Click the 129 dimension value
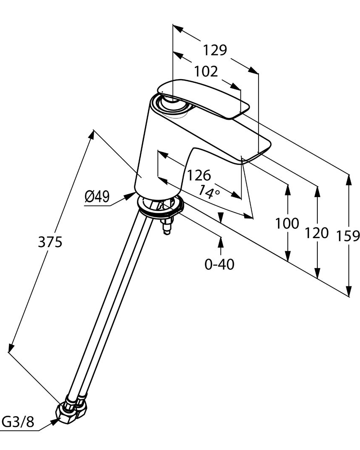[x=215, y=50]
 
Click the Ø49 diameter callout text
[x=97, y=196]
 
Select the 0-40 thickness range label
[x=219, y=265]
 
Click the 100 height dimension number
[x=287, y=223]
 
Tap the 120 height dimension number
[x=316, y=233]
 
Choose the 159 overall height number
[x=348, y=235]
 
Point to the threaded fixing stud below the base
[x=167, y=226]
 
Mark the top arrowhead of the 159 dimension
[x=349, y=179]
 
